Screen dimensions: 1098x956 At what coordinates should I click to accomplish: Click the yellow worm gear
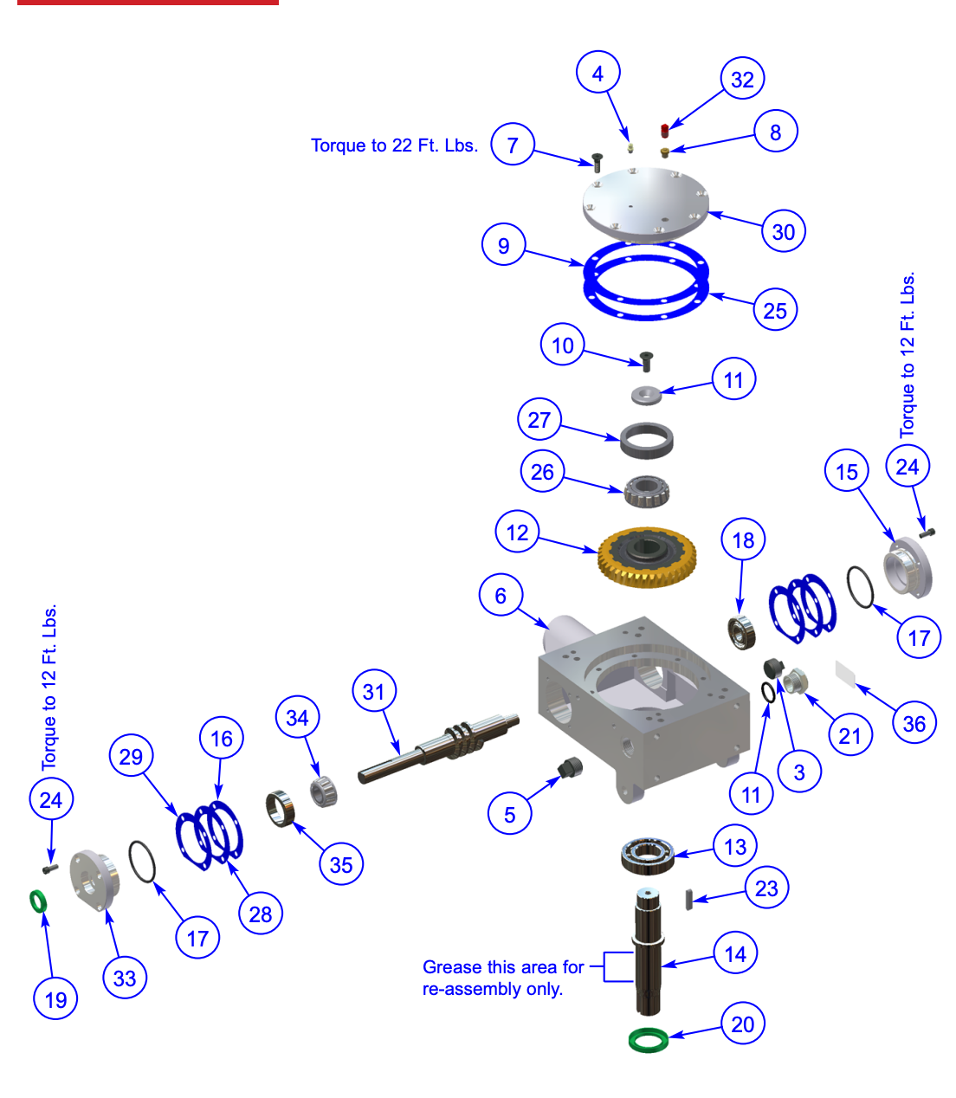click(x=647, y=557)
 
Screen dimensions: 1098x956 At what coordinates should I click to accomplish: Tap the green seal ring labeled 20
click(x=649, y=1038)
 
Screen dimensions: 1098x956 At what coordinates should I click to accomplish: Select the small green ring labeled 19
click(x=38, y=901)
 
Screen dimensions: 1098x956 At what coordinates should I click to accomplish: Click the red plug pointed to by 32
click(x=665, y=131)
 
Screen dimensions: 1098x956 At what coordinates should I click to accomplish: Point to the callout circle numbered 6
click(x=501, y=596)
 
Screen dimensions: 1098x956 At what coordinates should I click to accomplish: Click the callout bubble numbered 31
click(x=374, y=692)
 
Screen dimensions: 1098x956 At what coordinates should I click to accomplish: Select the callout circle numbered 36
click(x=914, y=724)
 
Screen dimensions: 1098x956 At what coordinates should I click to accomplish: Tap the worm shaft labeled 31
click(x=437, y=745)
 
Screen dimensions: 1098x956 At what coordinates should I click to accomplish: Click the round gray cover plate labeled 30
click(x=646, y=203)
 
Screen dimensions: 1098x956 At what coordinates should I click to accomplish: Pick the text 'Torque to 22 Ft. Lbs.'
click(x=394, y=145)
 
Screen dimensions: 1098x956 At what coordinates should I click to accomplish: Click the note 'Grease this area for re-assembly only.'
click(x=502, y=978)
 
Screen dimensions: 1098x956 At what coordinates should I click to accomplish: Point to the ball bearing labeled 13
click(x=648, y=855)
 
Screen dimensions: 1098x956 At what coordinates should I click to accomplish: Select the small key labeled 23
click(x=688, y=899)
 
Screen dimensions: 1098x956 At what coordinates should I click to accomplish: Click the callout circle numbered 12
click(x=518, y=533)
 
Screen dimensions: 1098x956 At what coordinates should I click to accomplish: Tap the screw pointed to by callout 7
click(x=597, y=162)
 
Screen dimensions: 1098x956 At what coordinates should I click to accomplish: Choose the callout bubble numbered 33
click(x=125, y=979)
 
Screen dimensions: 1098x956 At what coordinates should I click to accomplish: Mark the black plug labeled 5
click(x=571, y=766)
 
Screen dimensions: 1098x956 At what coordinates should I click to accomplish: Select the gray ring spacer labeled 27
click(x=647, y=441)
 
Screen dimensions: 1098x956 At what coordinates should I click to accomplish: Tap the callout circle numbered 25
click(x=775, y=310)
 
